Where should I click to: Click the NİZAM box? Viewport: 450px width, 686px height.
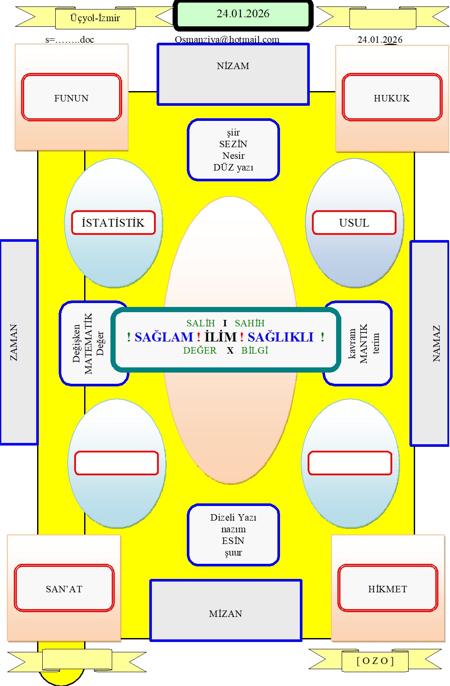233,74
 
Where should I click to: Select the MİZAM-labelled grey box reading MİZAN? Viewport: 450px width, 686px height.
226,610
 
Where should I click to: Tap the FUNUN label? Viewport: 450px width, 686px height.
71,98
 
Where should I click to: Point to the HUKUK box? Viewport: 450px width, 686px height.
392,97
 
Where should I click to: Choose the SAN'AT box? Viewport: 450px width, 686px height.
64,588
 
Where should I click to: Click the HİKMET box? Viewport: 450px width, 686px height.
388,588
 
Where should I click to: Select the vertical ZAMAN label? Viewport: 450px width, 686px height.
14,342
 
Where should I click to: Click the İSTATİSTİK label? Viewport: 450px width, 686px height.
113,223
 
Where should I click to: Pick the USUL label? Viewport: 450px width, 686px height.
354,223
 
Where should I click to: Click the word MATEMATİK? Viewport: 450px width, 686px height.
88,343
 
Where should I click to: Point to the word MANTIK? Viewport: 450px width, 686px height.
363,343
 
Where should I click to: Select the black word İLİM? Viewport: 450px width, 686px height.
221,337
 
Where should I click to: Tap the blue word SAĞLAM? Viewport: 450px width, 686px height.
164,337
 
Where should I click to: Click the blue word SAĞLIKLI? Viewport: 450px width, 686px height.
280,337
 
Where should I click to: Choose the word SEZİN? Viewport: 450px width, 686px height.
233,144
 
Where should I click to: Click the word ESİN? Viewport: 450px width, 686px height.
233,541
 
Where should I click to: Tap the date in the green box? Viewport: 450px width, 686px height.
243,13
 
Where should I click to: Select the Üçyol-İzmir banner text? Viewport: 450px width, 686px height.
95,18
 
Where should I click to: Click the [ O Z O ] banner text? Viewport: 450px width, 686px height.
375,661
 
